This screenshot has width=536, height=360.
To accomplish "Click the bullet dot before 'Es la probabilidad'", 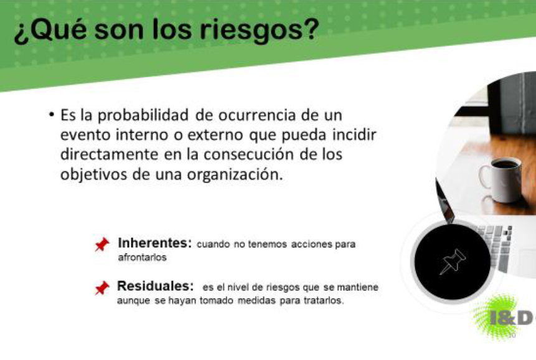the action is [x=51, y=114].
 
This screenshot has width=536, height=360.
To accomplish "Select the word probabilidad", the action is [x=143, y=116].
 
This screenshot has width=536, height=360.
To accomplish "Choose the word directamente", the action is [x=110, y=154].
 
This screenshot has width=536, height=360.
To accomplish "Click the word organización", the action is [x=235, y=174].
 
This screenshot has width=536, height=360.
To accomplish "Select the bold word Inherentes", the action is [x=154, y=243].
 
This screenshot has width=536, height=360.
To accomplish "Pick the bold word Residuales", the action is [x=155, y=286].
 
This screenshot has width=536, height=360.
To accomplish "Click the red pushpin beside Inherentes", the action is [x=102, y=244].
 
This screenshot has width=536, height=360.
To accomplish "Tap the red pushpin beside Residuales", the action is [x=102, y=288].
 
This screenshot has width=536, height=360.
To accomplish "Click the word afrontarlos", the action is [x=142, y=257].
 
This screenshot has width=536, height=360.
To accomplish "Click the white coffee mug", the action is [x=501, y=179].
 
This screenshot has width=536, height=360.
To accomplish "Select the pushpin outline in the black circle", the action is [x=453, y=262].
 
